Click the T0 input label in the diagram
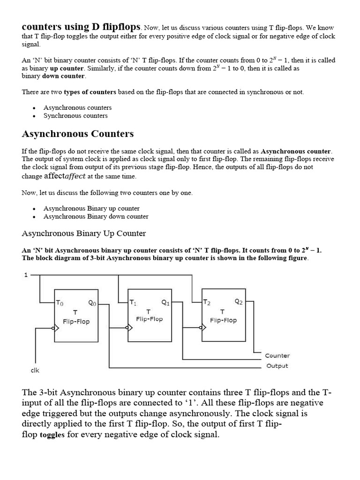pyautogui.click(x=60, y=303)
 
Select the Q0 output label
pyautogui.click(x=92, y=303)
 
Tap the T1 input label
pyautogui.click(x=133, y=303)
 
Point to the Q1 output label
pyautogui.click(x=165, y=303)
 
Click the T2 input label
pyautogui.click(x=207, y=302)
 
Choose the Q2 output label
pyautogui.click(x=239, y=302)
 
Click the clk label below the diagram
pyautogui.click(x=35, y=370)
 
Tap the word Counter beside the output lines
pyautogui.click(x=277, y=356)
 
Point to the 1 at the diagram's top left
pyautogui.click(x=26, y=275)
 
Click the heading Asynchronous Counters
pyautogui.click(x=78, y=134)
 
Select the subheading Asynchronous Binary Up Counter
pyautogui.click(x=84, y=233)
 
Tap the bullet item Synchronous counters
pyautogui.click(x=75, y=116)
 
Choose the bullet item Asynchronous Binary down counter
pyautogui.click(x=96, y=217)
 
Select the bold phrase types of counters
pyautogui.click(x=90, y=92)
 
